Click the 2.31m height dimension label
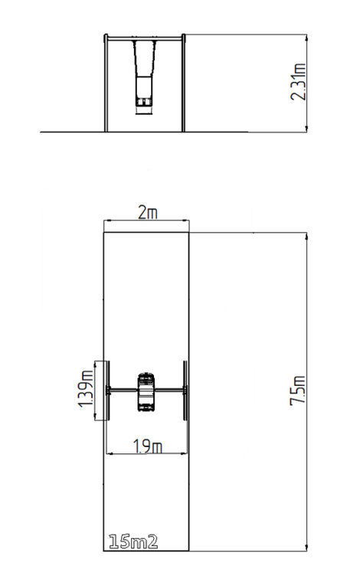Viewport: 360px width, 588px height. tap(299, 82)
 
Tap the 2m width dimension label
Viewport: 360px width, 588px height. tap(148, 213)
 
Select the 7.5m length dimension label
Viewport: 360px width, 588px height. tap(298, 390)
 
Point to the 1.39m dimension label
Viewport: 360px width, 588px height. tap(85, 388)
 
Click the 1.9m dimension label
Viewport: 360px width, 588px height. tap(148, 446)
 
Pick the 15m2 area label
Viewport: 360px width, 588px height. tap(133, 542)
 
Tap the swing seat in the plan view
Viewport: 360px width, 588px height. tap(146, 392)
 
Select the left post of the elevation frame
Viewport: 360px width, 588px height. tap(106, 83)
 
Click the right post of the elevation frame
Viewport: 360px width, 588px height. tap(183, 83)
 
